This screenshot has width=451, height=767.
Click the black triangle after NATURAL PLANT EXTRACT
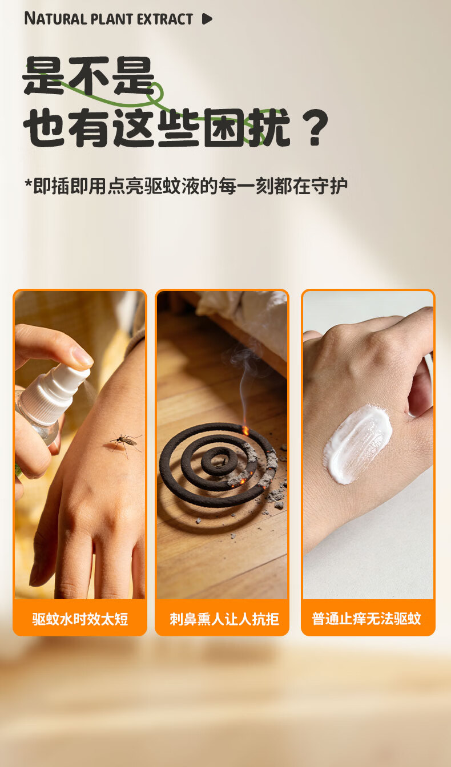207,19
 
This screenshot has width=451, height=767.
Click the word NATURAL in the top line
55,18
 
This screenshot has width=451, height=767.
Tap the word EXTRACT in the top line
165,19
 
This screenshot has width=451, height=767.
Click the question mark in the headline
313,127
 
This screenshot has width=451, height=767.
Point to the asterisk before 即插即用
28,183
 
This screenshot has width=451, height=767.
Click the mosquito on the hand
125,443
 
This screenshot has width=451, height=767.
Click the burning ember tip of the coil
245,430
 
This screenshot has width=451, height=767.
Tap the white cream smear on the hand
358,444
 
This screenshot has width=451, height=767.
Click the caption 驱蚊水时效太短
80,619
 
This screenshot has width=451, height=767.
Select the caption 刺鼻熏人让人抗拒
224,619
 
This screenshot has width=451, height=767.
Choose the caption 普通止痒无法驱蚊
367,619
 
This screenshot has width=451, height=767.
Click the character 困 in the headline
225,127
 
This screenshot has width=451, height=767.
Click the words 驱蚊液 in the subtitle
171,186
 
